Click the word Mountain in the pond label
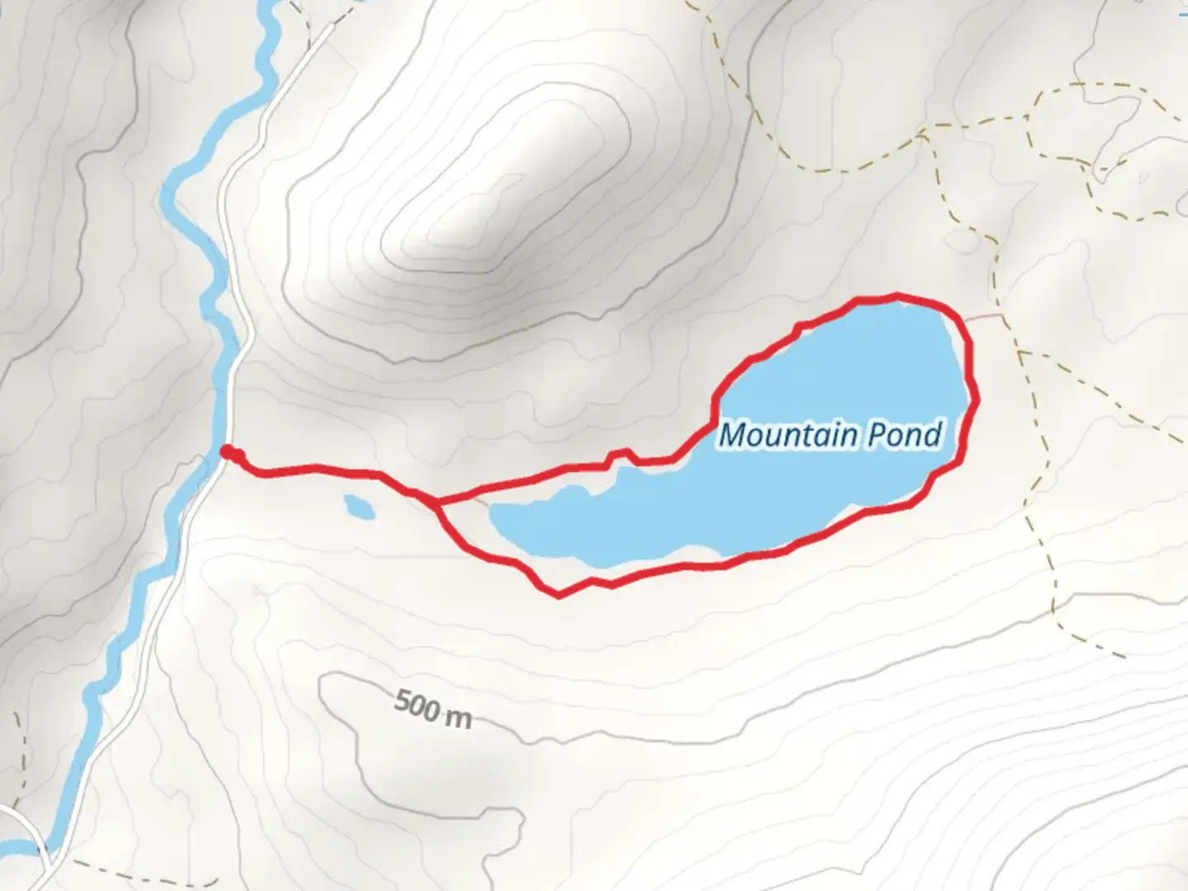pos(785,435)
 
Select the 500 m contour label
pos(432,709)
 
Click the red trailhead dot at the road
pos(227,451)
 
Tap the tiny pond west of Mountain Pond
pos(359,507)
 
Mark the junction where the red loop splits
pos(436,501)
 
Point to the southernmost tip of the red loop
pos(559,595)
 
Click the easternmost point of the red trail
pos(978,400)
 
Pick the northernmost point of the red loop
pos(897,295)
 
